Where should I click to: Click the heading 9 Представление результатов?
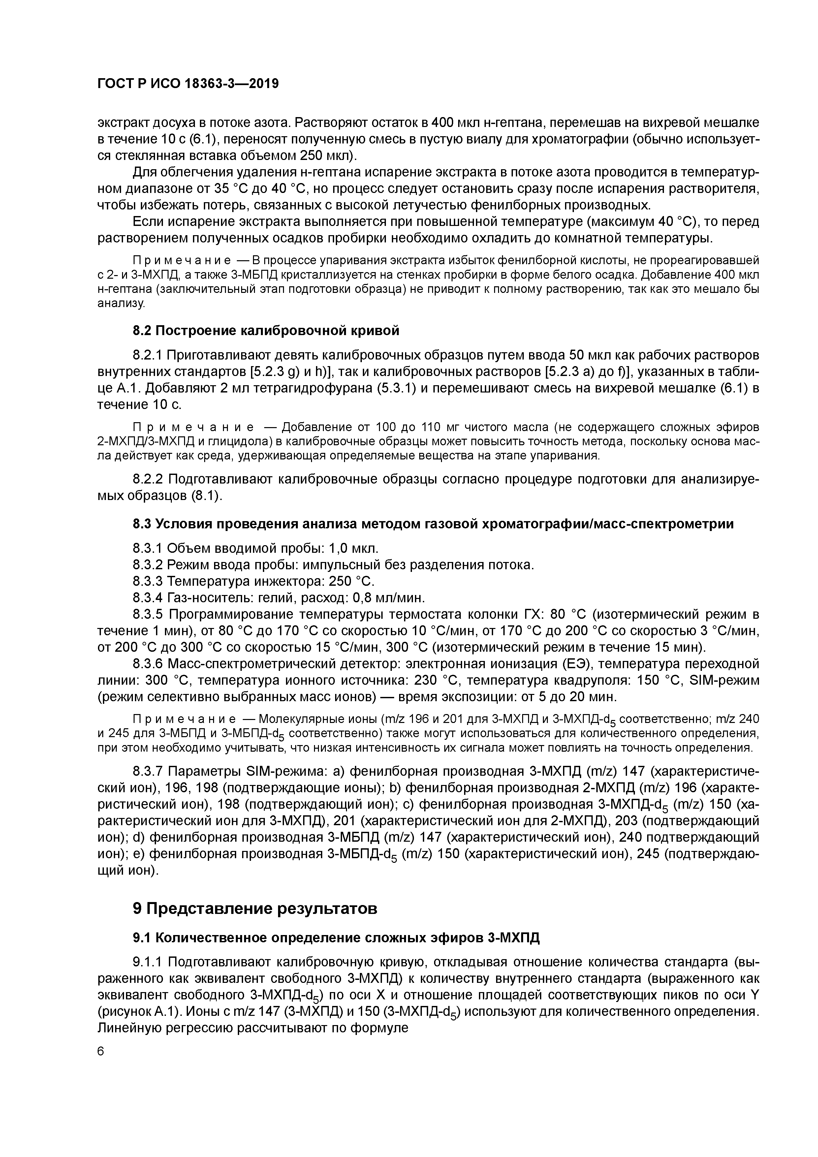(255, 909)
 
